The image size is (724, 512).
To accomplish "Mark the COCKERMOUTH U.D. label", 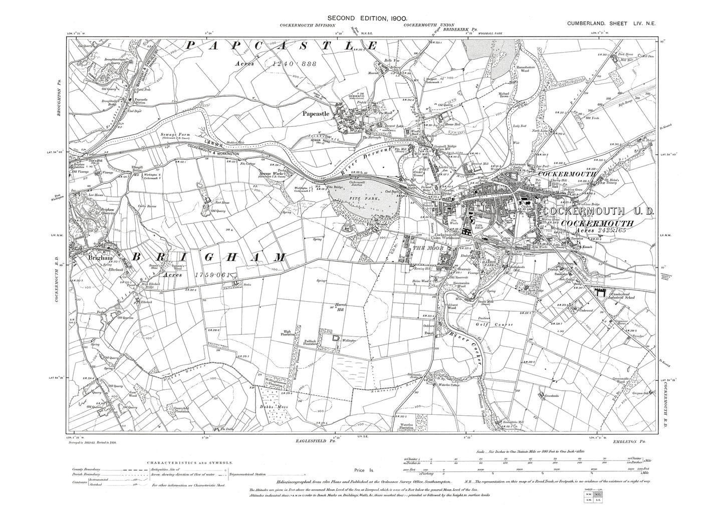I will point(598,212).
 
